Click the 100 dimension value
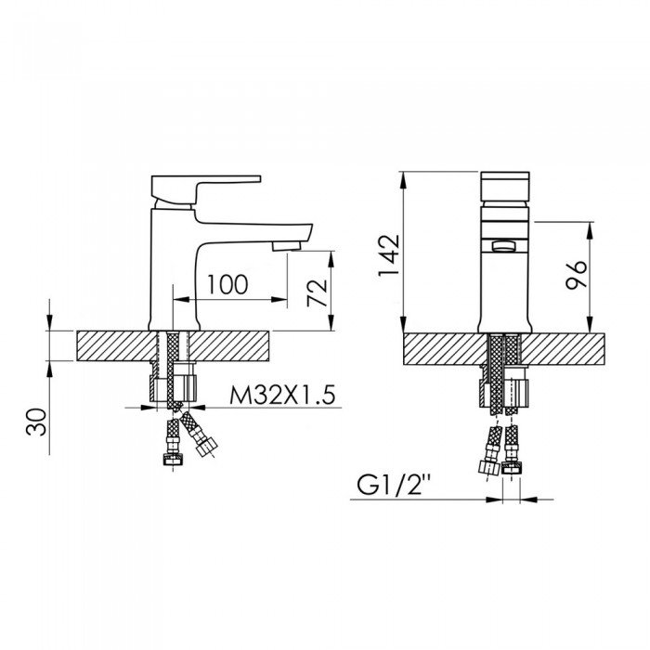tap(228, 283)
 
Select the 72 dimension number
tap(318, 292)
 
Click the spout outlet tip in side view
tap(287, 245)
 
